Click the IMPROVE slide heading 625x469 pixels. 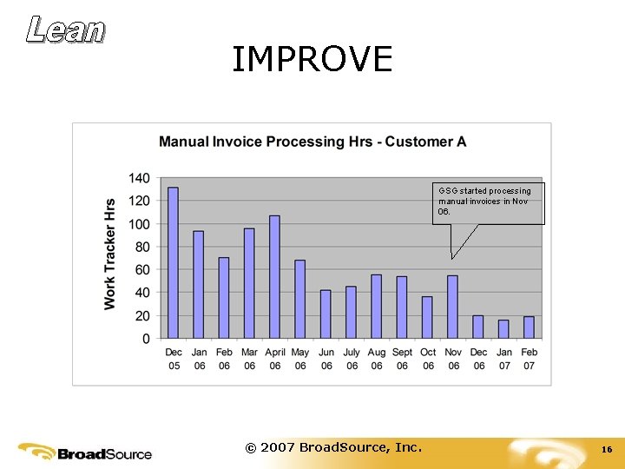click(x=312, y=59)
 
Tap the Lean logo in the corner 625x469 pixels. click(x=65, y=30)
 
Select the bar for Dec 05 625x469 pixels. click(x=173, y=262)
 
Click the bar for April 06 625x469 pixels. click(x=274, y=276)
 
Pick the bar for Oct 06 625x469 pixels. click(x=427, y=317)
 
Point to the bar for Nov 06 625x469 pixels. click(x=452, y=307)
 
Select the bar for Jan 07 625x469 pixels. click(x=503, y=329)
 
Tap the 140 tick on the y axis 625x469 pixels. click(x=139, y=178)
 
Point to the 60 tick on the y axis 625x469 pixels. click(x=142, y=270)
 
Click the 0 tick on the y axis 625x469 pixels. click(x=146, y=339)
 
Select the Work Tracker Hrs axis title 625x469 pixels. click(x=110, y=254)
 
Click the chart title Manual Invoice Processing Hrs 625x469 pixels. click(x=312, y=142)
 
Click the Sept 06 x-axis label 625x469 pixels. click(x=402, y=359)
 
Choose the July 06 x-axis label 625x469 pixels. click(x=351, y=359)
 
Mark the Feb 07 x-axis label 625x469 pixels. click(x=529, y=359)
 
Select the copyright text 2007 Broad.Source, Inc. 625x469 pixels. click(x=333, y=447)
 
